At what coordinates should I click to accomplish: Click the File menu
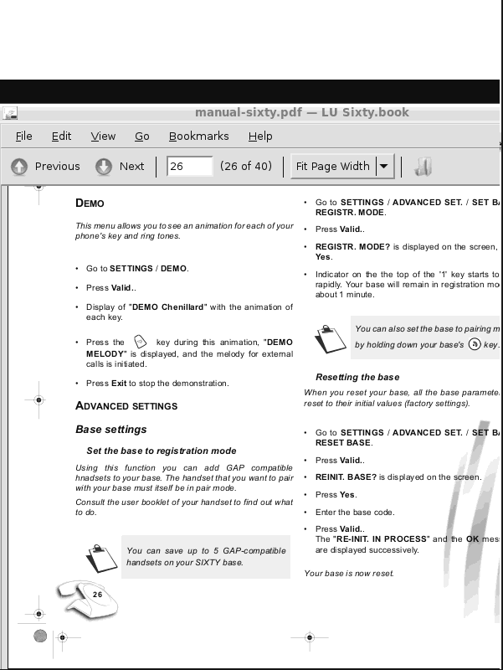click(23, 137)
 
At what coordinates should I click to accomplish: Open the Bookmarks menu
click(198, 137)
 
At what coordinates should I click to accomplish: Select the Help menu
click(260, 137)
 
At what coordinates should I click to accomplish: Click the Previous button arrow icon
click(19, 167)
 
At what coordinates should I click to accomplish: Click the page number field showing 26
click(189, 167)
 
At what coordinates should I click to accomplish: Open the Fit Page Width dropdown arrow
click(384, 167)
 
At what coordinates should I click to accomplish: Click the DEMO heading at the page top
click(90, 204)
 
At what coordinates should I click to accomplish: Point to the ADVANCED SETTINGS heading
click(126, 406)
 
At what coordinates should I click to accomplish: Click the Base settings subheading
click(111, 430)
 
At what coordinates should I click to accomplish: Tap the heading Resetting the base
click(357, 378)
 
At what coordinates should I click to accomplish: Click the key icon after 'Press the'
click(140, 342)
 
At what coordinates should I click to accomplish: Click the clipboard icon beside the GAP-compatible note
click(100, 557)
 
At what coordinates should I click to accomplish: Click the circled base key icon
click(475, 344)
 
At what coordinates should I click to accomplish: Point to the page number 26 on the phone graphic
click(97, 595)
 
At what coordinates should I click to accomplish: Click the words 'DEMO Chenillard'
click(167, 307)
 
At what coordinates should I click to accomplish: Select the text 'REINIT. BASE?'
click(346, 477)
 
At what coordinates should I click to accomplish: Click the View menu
click(103, 137)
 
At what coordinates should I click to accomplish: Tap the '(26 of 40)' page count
click(246, 167)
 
